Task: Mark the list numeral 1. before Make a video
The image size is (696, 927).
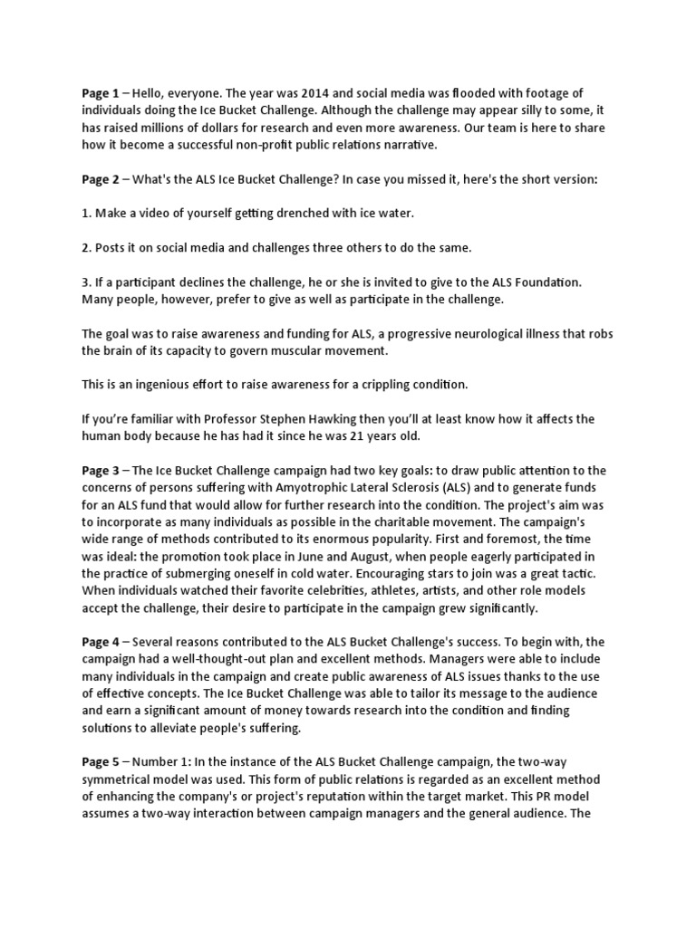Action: (86, 213)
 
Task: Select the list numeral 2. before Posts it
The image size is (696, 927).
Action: (86, 247)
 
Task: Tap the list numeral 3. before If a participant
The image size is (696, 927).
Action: (86, 282)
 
